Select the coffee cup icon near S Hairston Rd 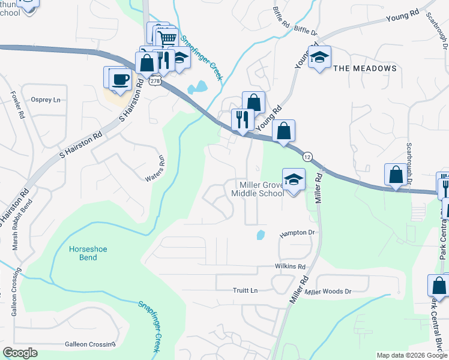(x=120, y=79)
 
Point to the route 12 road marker (x=307, y=157)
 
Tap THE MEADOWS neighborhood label (x=364, y=68)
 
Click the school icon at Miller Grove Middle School (x=294, y=179)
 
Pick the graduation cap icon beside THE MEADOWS (x=319, y=57)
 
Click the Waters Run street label (x=155, y=169)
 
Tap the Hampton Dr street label (x=297, y=233)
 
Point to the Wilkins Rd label (x=291, y=266)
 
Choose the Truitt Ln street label (x=245, y=290)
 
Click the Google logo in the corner (x=20, y=352)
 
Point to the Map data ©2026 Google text (x=411, y=355)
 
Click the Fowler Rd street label (x=17, y=103)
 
